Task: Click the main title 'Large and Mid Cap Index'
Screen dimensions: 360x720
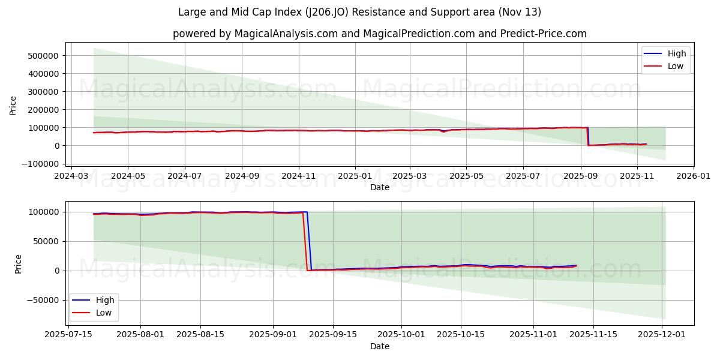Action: [359, 12]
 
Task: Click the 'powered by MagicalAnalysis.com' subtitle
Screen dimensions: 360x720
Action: [379, 34]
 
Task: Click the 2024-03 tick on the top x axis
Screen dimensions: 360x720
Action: [71, 176]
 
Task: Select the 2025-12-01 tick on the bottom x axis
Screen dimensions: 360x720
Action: [662, 335]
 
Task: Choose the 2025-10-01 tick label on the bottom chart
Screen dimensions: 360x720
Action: [401, 335]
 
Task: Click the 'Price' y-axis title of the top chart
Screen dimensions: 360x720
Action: [13, 106]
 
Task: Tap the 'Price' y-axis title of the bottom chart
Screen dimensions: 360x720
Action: [18, 264]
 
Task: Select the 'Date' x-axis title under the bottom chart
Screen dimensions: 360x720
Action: [379, 346]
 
